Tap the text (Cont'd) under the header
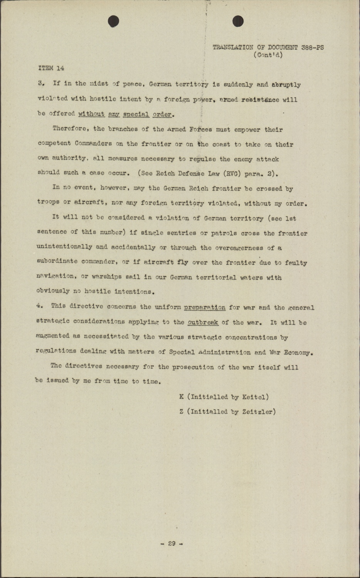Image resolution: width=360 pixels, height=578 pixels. coord(268,55)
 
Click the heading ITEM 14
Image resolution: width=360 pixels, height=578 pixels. coord(51,68)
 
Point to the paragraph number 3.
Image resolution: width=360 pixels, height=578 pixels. coord(40,83)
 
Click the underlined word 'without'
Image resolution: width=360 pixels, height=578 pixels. coord(91,114)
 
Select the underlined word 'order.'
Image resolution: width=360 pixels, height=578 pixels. coord(164,114)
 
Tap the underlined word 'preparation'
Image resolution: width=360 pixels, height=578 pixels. coord(205,307)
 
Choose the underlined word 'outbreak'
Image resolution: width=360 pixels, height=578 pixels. coord(203,322)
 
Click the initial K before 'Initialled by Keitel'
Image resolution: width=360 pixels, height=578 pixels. coord(182,397)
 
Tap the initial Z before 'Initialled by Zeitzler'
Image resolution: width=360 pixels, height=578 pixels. coord(182,412)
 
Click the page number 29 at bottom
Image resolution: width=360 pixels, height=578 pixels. coord(172,543)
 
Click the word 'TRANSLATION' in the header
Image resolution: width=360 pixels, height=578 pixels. coord(233,47)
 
